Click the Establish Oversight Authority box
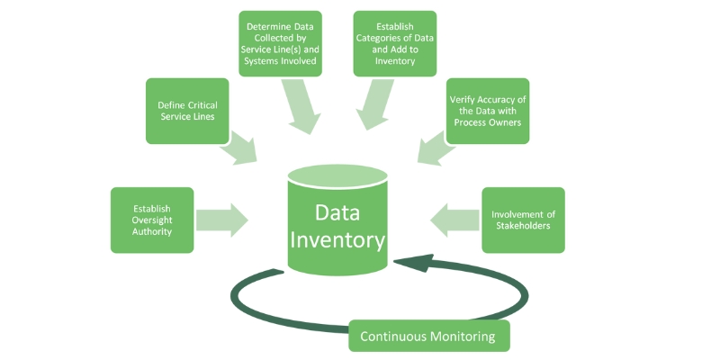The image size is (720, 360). tap(151, 220)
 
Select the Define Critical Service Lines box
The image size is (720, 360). tap(187, 111)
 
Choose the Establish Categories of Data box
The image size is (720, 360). tap(395, 44)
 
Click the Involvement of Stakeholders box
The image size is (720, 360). tap(523, 220)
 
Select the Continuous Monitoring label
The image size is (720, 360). tap(428, 337)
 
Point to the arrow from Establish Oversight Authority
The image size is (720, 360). tap(221, 220)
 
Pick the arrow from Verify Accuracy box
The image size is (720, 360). tap(435, 146)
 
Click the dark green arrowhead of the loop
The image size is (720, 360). tap(408, 263)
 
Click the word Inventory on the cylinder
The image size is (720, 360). tap(337, 240)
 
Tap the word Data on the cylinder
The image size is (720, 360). tap(337, 212)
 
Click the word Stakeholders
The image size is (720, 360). tap(523, 226)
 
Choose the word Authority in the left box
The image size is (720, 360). tap(151, 232)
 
